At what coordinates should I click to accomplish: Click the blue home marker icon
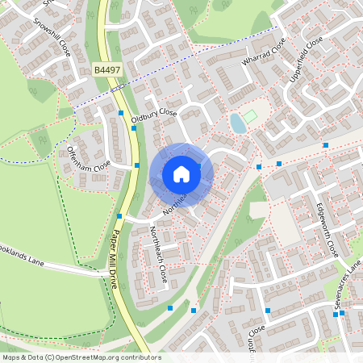181,173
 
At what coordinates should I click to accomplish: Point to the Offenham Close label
89,156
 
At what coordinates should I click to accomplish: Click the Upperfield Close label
306,58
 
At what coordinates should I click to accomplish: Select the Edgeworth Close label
328,229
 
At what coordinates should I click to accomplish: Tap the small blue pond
237,123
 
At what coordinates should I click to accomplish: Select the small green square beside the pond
251,117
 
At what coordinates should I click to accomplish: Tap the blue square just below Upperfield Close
326,145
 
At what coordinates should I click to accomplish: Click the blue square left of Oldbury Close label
121,114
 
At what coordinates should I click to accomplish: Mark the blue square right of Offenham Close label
137,165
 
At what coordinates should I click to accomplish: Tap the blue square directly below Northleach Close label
170,308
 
